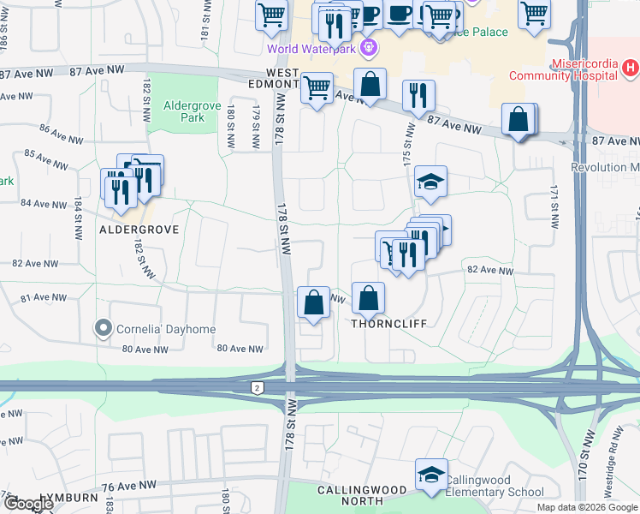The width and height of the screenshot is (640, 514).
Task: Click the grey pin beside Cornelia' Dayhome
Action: pos(104,329)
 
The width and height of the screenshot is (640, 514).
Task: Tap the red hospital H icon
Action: pos(629,67)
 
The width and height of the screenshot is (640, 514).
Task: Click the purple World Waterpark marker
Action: pos(370,47)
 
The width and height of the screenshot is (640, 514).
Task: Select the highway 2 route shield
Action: pos(258,388)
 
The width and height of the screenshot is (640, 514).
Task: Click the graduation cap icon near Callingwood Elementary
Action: pos(431,474)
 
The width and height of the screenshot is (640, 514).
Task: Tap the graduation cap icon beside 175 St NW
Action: pos(431,181)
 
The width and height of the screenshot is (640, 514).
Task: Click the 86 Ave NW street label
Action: pos(61,134)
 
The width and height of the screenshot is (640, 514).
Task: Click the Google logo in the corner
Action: pos(27,504)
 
